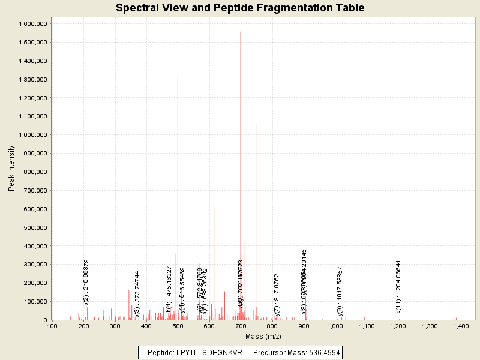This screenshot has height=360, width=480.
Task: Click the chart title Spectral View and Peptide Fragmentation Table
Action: (240, 8)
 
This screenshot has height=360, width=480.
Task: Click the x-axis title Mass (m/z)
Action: (263, 337)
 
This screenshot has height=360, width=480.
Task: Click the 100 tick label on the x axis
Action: (52, 326)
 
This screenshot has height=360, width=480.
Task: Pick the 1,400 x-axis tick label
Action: (461, 326)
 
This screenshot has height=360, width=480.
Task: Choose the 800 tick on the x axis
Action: (272, 326)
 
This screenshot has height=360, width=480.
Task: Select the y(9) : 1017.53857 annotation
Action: (340, 290)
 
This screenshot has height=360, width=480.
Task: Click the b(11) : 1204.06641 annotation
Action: (398, 286)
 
